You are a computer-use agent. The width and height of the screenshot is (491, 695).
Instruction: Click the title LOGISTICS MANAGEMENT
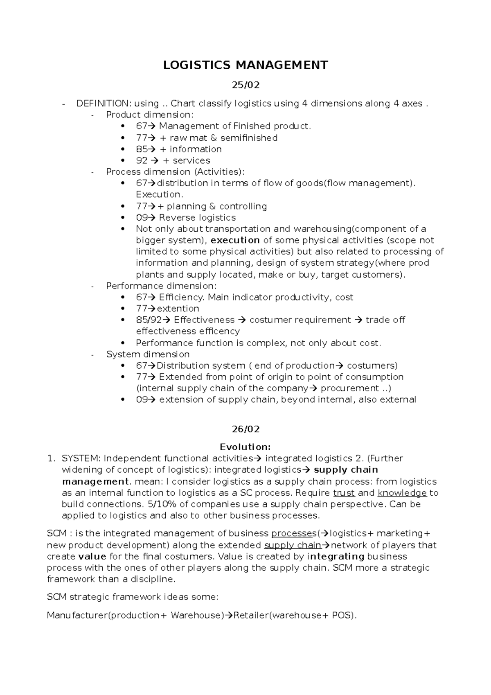(x=245, y=65)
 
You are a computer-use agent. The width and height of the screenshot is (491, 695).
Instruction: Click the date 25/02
(x=245, y=85)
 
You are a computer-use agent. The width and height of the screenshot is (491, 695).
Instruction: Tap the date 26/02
(x=245, y=429)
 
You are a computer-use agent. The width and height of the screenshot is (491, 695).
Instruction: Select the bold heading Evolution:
(x=245, y=447)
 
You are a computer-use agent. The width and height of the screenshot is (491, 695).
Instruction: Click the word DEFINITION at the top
(x=102, y=104)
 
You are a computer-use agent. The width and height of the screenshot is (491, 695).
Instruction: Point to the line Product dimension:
(x=149, y=115)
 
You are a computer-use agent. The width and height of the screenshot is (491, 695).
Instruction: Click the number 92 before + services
(x=142, y=160)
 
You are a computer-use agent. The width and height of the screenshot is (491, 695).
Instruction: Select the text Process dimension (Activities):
(x=175, y=171)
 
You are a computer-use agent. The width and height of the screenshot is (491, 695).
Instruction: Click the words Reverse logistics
(x=197, y=217)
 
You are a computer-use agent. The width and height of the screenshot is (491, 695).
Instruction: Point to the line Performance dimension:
(x=161, y=286)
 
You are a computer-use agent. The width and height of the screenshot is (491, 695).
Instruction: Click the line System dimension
(x=148, y=354)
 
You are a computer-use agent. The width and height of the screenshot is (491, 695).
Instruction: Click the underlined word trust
(x=344, y=493)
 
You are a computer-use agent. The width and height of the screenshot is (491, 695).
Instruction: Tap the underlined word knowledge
(x=402, y=493)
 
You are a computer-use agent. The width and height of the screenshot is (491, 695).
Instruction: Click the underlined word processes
(x=291, y=533)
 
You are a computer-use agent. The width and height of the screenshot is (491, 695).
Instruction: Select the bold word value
(x=92, y=556)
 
